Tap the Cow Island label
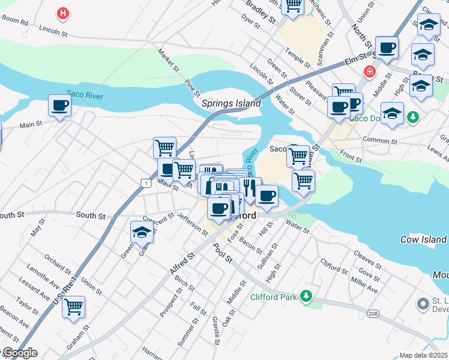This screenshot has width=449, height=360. (x=423, y=239)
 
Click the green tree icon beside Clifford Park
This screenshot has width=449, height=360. (x=306, y=296)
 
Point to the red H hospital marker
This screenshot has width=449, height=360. (x=62, y=13)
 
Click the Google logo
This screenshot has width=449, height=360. (x=19, y=353)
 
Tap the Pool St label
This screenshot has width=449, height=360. (x=223, y=253)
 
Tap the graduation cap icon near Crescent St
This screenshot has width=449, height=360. (x=142, y=232)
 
